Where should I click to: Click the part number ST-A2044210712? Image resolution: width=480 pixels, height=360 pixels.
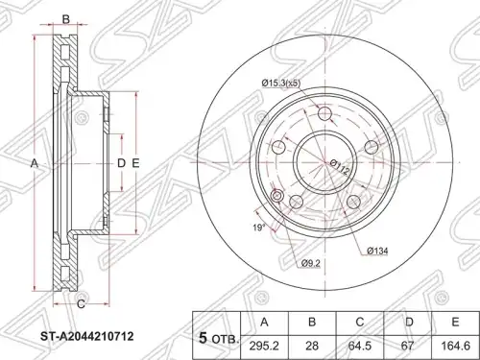[86, 336]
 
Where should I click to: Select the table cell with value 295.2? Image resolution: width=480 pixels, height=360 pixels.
[264, 347]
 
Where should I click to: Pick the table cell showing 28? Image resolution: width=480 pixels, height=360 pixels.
[312, 347]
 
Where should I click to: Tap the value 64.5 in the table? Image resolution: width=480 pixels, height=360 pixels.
[360, 347]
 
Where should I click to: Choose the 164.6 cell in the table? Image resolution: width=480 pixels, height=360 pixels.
[455, 347]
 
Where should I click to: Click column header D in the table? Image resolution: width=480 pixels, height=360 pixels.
[407, 323]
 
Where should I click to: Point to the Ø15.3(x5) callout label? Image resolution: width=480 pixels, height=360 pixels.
[280, 84]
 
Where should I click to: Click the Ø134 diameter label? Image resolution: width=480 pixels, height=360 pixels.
[377, 252]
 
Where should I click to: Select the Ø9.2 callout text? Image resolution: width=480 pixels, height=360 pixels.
[311, 263]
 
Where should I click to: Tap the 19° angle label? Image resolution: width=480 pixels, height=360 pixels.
[259, 228]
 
